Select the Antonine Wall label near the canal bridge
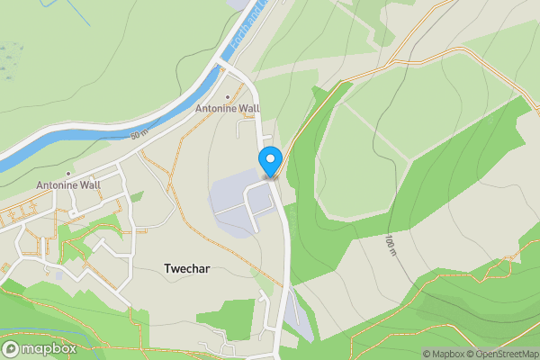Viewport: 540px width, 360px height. click(228, 109)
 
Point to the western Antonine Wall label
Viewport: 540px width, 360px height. click(68, 185)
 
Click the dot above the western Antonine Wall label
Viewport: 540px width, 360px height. click(67, 174)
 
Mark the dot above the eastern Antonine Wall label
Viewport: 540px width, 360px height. click(227, 97)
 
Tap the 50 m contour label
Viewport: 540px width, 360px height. click(139, 135)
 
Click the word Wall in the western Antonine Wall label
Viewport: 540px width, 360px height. click(88, 185)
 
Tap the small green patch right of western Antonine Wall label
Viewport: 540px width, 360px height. click(137, 196)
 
